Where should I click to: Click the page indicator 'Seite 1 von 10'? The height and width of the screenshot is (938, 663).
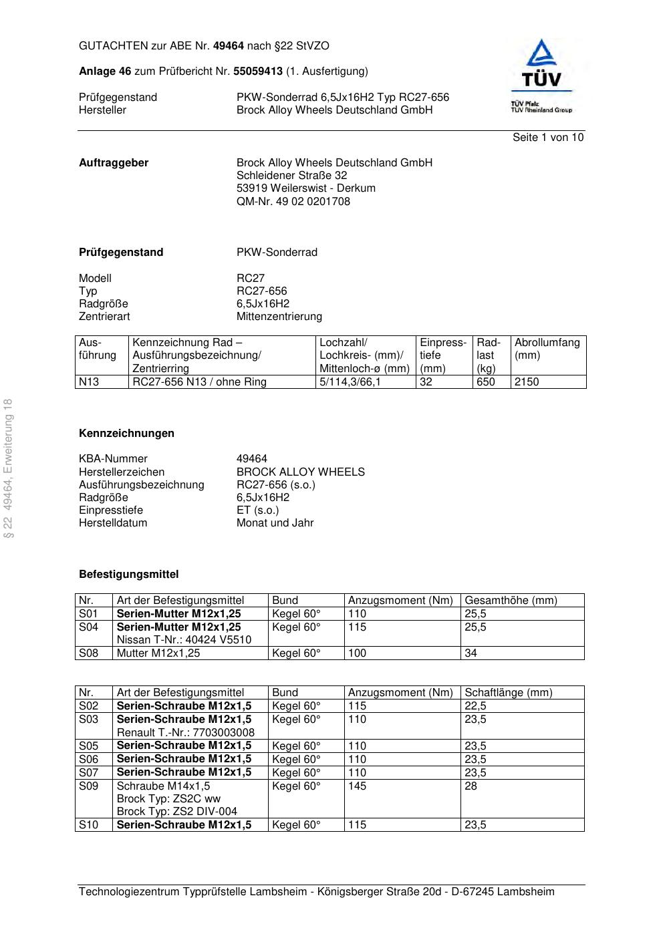point(547,138)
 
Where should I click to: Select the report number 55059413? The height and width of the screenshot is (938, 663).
point(258,71)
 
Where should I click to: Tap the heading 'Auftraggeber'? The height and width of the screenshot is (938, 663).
point(114,163)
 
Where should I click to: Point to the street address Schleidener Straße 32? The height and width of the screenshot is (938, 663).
point(291,176)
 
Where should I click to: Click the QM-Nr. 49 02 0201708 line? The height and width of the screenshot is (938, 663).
point(293,202)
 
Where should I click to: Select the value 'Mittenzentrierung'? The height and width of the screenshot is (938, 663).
point(279,317)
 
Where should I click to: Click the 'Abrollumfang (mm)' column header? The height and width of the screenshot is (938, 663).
point(547,349)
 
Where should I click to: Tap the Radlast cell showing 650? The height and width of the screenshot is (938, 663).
point(486,382)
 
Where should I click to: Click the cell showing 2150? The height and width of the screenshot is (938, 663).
point(527,382)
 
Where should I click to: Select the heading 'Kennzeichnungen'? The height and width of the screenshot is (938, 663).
point(126,434)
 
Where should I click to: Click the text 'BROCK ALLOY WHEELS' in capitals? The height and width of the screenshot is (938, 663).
point(300,472)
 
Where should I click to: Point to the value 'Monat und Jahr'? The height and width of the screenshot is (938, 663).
point(275,523)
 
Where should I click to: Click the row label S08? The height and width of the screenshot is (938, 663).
point(89,653)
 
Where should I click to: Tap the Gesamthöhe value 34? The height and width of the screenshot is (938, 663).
point(471,653)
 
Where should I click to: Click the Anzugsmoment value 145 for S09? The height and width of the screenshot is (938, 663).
point(357,786)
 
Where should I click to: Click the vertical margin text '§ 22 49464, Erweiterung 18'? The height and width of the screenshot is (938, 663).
point(9,468)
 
